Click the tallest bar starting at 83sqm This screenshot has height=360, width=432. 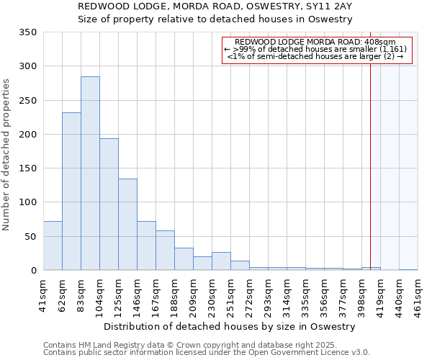(x=90, y=173)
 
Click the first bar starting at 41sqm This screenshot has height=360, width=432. (x=53, y=246)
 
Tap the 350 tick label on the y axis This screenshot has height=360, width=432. (x=28, y=32)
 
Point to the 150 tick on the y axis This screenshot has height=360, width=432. (x=28, y=168)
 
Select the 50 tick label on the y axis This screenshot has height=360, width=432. (x=31, y=236)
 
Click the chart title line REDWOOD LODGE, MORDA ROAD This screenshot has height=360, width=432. (x=215, y=6)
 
